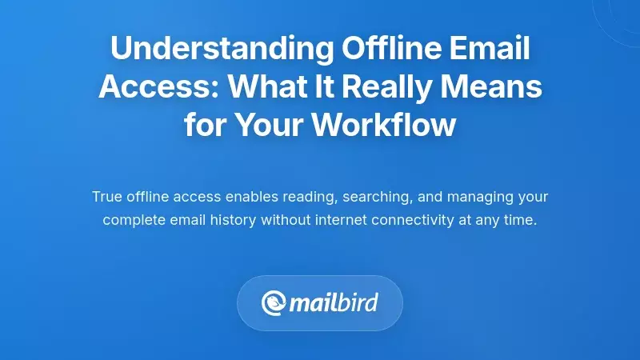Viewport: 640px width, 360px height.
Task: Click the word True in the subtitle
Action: pyautogui.click(x=107, y=197)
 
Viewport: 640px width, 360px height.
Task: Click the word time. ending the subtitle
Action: pyautogui.click(x=521, y=219)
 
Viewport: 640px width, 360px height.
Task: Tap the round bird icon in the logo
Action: pyautogui.click(x=274, y=303)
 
